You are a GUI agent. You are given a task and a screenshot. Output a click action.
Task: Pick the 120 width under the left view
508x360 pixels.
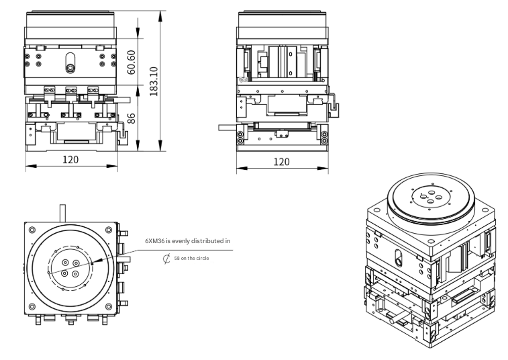(x=70, y=160)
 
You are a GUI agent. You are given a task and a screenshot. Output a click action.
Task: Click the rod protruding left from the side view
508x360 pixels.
(x=230, y=126)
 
